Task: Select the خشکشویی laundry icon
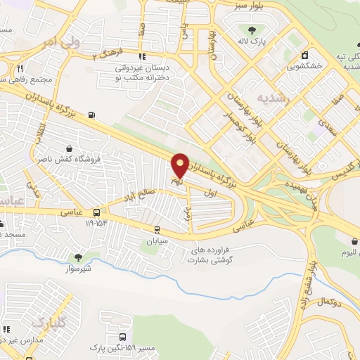tap(304, 55)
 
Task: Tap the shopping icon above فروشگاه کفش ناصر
tap(70, 148)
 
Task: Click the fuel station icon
tap(91, 114)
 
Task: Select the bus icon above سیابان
tap(157, 229)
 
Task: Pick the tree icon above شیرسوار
tap(78, 257)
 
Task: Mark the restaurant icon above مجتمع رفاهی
tap(20, 68)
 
